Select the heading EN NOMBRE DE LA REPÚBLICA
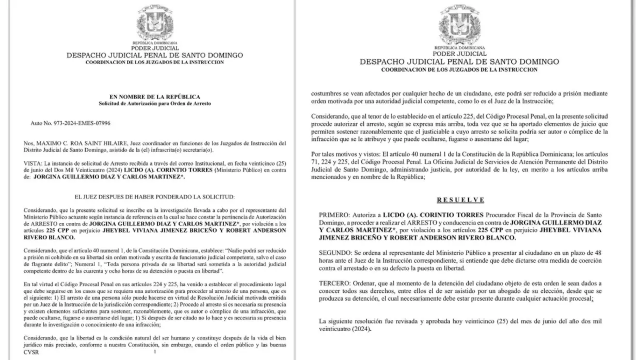(155, 97)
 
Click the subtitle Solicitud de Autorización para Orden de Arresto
(155, 104)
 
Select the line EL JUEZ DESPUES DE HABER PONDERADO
(155, 197)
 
